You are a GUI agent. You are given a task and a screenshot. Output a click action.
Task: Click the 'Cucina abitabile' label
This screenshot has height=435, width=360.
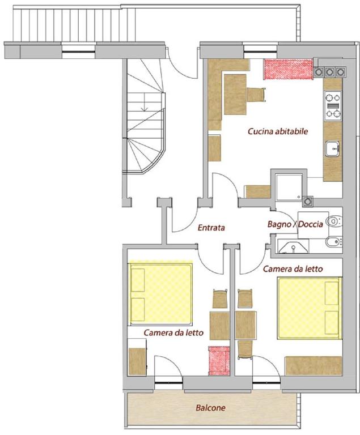(x=278, y=131)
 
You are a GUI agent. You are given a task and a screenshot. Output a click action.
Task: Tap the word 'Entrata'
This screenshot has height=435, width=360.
(x=211, y=228)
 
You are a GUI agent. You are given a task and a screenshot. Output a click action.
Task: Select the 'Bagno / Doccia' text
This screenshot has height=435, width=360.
(x=295, y=224)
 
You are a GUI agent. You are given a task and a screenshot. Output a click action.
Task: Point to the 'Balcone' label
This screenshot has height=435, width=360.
(x=210, y=408)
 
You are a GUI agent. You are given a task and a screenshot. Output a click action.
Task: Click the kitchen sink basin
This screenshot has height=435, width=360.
(x=332, y=149)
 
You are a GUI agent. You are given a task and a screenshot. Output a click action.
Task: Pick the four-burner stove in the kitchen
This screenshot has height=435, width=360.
(x=333, y=105)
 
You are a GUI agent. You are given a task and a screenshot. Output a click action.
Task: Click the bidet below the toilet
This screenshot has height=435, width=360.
(x=334, y=242)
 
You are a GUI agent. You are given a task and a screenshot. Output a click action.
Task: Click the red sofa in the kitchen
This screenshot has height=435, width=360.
(x=289, y=69)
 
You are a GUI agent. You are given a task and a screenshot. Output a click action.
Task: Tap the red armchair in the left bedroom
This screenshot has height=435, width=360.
(x=219, y=361)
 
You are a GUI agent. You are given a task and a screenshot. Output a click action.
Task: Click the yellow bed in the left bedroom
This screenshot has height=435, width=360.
(x=160, y=293)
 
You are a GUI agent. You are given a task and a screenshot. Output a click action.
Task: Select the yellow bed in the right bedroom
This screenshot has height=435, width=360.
(x=310, y=308)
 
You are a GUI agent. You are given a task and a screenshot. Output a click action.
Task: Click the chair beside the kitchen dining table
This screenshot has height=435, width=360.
(x=256, y=95)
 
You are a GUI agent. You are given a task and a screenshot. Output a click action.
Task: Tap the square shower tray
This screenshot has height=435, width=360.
(x=289, y=186)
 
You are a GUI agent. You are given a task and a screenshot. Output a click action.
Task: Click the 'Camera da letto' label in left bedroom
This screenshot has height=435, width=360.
(x=173, y=332)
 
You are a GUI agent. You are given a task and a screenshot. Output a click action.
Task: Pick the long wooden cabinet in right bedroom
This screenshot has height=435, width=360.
(x=314, y=366)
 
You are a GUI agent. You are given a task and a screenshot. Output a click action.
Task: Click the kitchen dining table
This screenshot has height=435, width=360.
(x=235, y=95)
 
